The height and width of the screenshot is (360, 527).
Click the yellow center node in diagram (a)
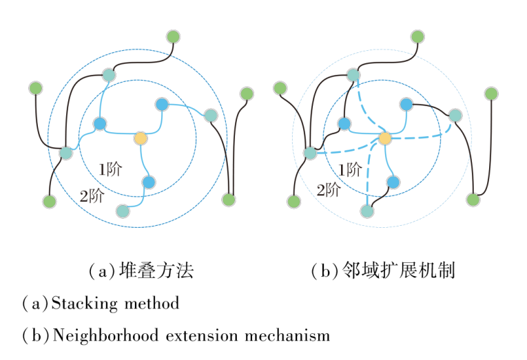[141, 138]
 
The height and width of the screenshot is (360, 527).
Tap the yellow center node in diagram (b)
[385, 138]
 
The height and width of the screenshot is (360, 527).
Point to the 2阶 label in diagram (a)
[92, 195]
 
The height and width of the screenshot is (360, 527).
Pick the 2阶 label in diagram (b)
[329, 190]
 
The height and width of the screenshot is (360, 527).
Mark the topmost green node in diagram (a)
[173, 36]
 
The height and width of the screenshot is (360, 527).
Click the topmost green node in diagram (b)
[417, 36]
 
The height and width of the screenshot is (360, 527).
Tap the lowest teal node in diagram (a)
[123, 211]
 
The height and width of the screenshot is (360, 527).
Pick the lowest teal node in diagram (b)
[367, 211]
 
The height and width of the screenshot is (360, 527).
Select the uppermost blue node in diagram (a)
[162, 105]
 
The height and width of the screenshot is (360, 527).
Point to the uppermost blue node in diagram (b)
[406, 105]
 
